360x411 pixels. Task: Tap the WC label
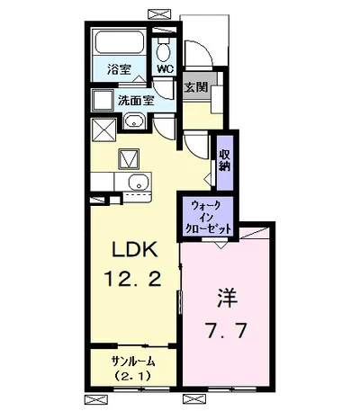(165, 68)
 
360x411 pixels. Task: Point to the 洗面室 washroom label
(134, 101)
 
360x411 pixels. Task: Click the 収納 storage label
(223, 160)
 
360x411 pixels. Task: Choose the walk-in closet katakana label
(209, 217)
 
